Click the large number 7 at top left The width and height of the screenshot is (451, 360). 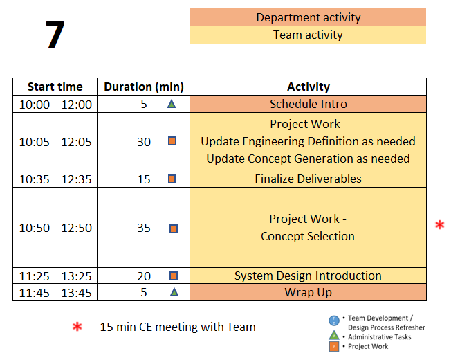click(55, 35)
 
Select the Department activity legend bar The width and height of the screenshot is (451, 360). click(308, 17)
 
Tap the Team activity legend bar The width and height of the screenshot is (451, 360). click(308, 35)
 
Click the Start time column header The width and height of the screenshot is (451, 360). click(55, 87)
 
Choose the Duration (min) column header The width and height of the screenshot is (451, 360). click(143, 87)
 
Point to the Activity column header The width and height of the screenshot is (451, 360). click(308, 87)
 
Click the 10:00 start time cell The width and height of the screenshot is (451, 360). click(34, 104)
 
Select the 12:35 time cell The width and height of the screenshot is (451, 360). click(76, 179)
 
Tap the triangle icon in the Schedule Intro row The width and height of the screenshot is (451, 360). click(172, 104)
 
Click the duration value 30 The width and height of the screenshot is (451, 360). click(144, 142)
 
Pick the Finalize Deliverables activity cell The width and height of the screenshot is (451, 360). click(308, 179)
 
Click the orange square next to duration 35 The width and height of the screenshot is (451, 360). click(174, 228)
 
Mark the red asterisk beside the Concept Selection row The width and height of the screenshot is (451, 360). click(439, 225)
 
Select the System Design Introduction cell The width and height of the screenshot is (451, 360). click(308, 276)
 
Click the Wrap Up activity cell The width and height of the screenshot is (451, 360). click(308, 292)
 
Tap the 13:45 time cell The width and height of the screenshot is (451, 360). click(76, 293)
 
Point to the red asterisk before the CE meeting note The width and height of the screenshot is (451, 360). click(77, 327)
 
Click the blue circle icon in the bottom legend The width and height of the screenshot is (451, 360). click(334, 321)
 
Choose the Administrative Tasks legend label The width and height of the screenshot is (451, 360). click(379, 336)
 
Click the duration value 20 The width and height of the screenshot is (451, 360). click(144, 276)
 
